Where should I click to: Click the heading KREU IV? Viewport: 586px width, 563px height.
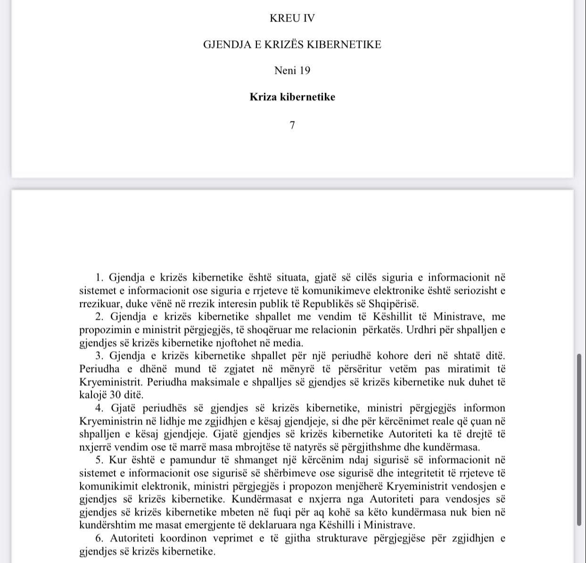(x=292, y=18)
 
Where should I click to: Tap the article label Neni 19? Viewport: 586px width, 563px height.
(x=292, y=71)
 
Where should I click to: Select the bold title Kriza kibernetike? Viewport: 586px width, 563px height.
(x=292, y=97)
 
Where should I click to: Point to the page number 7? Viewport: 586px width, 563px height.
(x=292, y=125)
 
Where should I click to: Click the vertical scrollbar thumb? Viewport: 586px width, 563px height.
(x=579, y=439)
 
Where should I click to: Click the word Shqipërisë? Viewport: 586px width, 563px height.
(x=395, y=304)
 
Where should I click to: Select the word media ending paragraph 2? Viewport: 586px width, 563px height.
(x=289, y=343)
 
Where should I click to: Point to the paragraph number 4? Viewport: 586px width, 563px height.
(x=99, y=408)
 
